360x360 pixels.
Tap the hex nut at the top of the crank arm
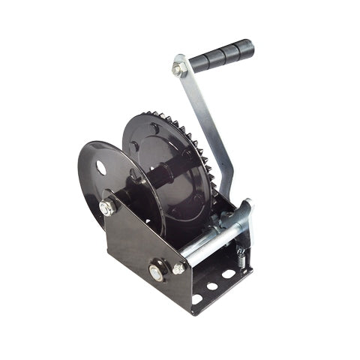click(x=178, y=70)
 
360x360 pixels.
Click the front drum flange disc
click(x=112, y=180)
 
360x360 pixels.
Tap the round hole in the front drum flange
click(x=100, y=166)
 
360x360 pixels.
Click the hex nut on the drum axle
click(x=107, y=208)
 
